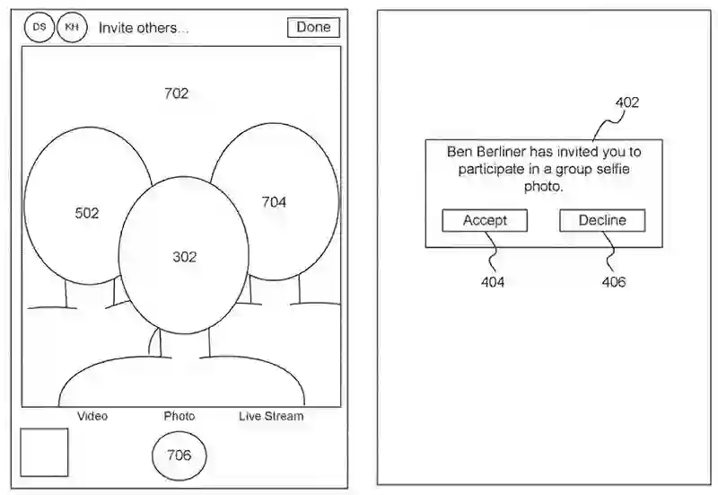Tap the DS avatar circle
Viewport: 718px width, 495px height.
[x=39, y=28]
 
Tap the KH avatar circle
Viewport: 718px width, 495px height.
[x=71, y=28]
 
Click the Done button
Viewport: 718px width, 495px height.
[x=313, y=27]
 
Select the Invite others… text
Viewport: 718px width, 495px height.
[x=144, y=28]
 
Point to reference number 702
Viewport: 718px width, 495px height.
[x=177, y=93]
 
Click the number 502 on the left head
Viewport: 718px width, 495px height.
[x=87, y=213]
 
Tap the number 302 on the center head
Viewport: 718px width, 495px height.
[x=184, y=257]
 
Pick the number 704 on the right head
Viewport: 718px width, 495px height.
[x=274, y=202]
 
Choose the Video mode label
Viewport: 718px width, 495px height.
[x=92, y=416]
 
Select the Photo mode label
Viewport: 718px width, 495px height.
[x=179, y=416]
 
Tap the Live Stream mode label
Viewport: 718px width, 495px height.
[x=271, y=416]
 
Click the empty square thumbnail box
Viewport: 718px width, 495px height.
[x=44, y=452]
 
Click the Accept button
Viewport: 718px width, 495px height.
[x=485, y=220]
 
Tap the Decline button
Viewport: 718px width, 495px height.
[x=602, y=220]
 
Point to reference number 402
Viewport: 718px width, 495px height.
[x=627, y=102]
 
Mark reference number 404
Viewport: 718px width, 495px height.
[x=492, y=282]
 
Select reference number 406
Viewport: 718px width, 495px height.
[x=614, y=282]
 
